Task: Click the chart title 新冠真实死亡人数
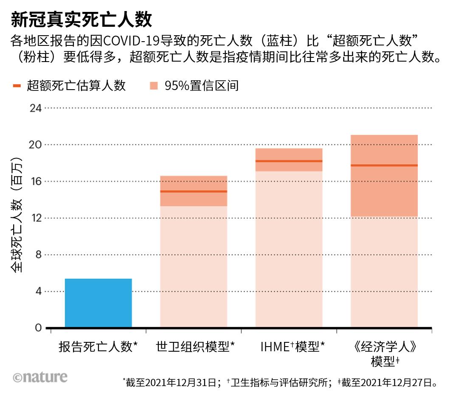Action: (x=81, y=19)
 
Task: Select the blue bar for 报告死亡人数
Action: (x=98, y=303)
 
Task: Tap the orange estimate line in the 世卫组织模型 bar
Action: (x=194, y=192)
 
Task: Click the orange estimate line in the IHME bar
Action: (x=289, y=161)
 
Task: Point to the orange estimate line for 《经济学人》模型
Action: (x=384, y=165)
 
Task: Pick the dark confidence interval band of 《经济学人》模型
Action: (x=384, y=191)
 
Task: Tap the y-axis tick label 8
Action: (x=38, y=255)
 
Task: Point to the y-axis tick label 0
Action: (x=38, y=328)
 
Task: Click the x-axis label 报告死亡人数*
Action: (x=98, y=347)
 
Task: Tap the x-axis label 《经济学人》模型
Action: (x=384, y=353)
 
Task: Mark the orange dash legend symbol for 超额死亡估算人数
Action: (x=17, y=86)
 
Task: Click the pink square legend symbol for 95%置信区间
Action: (x=154, y=86)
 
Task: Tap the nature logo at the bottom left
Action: (x=40, y=377)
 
